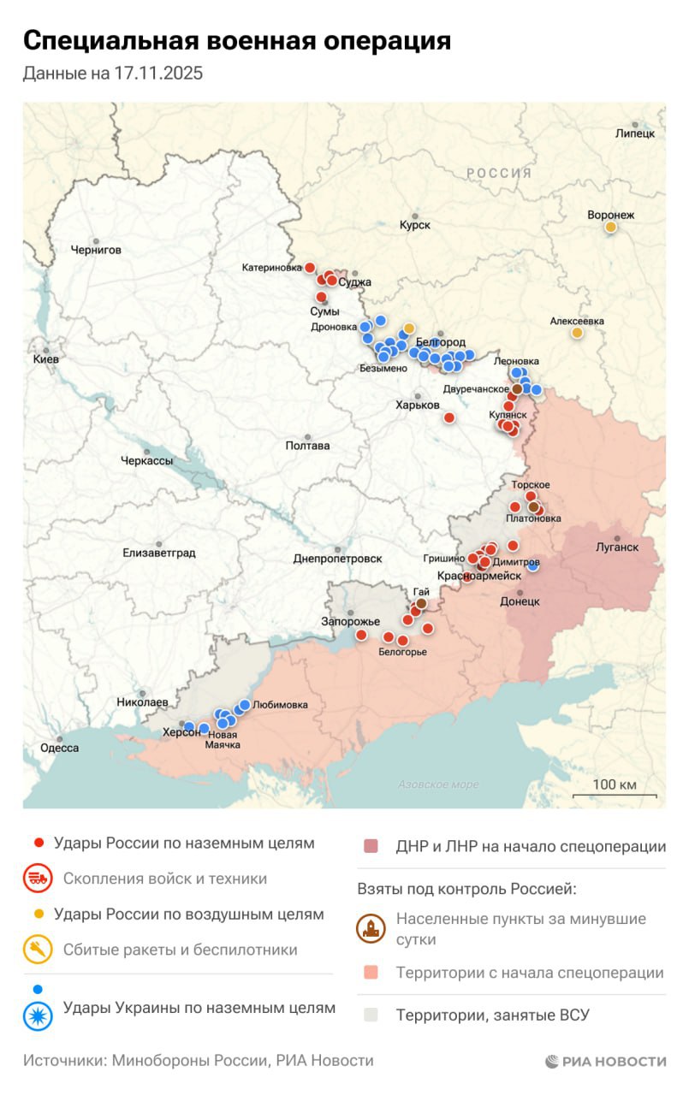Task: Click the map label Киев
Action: [45, 359]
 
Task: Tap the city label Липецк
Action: [634, 133]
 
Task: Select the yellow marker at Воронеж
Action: [610, 228]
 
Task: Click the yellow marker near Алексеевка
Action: [577, 333]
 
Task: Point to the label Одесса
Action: [60, 748]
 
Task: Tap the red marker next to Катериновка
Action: [310, 268]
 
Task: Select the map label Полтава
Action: [307, 446]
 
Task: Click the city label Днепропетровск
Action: [337, 558]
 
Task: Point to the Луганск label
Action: [617, 547]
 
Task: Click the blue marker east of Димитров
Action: [533, 565]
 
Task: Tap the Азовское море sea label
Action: [438, 784]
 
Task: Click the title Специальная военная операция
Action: [236, 40]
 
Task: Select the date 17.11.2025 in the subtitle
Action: [157, 74]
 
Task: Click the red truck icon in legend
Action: [38, 879]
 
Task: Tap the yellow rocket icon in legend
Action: [38, 950]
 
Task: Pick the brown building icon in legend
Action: [371, 930]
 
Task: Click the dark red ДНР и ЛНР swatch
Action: [371, 847]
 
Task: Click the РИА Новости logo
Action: [605, 1062]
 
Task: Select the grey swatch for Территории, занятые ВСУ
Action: [371, 1015]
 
